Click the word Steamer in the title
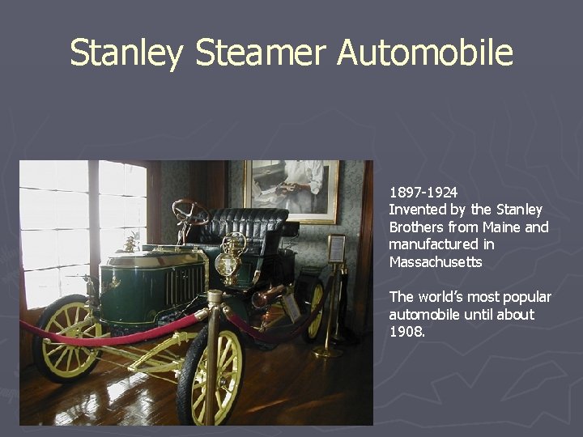(262, 53)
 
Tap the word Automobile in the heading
(425, 53)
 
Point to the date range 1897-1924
(423, 193)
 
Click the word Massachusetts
(436, 261)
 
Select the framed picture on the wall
(291, 189)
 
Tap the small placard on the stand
(335, 248)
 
